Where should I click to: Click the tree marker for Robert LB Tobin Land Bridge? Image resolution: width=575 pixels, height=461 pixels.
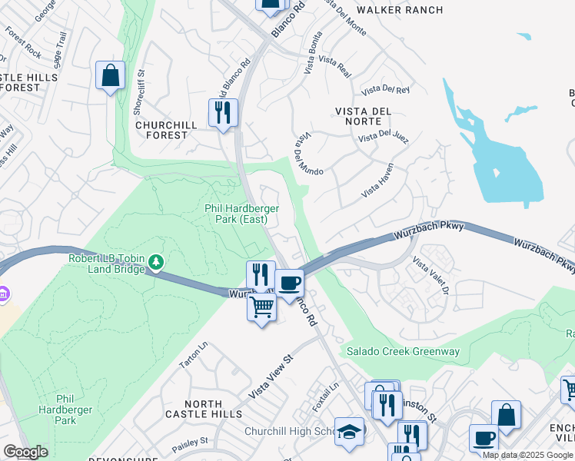157,263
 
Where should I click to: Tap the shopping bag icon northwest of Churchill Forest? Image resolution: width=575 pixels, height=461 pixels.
110,76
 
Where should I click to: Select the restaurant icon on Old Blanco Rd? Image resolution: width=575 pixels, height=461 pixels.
223,114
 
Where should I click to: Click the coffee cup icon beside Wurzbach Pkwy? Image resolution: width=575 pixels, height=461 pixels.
290,282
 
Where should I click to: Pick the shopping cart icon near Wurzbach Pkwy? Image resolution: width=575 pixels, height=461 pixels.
262,307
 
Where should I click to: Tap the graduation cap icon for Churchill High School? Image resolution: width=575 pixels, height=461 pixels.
350,431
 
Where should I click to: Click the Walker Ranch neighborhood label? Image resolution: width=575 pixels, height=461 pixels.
400,10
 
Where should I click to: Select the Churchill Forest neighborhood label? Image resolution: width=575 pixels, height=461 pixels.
161,130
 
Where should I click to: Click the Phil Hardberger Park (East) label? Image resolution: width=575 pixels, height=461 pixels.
241,214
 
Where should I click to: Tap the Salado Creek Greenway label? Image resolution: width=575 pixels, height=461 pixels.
403,352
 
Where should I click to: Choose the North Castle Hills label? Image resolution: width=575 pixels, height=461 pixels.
198,409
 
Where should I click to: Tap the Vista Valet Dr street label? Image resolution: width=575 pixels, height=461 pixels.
430,276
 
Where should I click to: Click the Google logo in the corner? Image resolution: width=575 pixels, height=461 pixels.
25,452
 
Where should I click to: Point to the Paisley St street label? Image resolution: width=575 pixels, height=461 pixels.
194,442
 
